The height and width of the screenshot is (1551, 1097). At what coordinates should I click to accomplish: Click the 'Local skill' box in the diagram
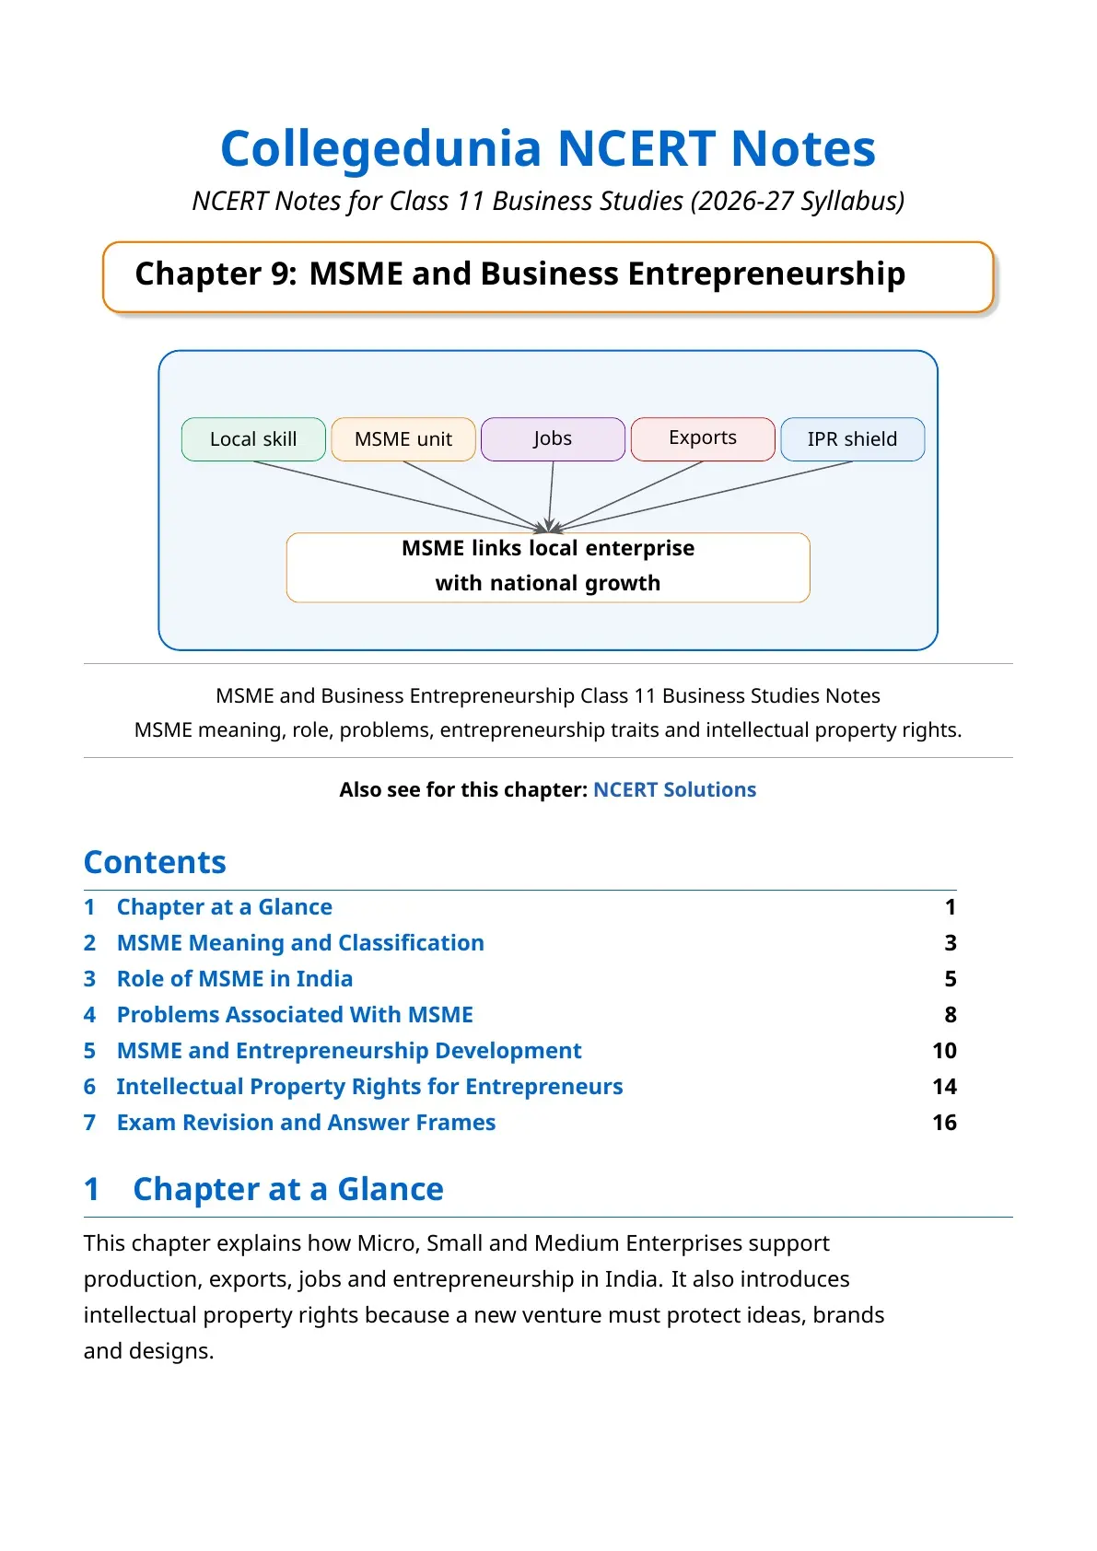tap(253, 439)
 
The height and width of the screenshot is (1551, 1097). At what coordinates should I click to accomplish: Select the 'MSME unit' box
tap(403, 439)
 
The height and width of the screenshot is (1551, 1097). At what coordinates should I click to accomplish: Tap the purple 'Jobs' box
tap(553, 439)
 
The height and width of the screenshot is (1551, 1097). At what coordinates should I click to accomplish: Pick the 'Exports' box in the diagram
tap(702, 439)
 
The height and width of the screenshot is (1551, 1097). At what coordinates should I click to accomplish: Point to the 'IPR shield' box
tap(853, 439)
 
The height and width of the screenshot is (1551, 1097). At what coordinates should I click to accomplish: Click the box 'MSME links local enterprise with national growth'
tap(548, 567)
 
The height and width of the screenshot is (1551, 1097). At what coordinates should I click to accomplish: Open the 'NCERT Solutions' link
tap(674, 789)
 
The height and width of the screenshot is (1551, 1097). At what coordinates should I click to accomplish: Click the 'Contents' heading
tap(155, 862)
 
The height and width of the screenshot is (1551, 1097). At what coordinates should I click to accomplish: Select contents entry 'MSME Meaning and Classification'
tap(300, 942)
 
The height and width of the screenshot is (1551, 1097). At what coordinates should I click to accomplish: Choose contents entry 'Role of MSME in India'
tap(235, 978)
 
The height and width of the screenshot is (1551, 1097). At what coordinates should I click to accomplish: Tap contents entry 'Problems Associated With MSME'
tap(295, 1014)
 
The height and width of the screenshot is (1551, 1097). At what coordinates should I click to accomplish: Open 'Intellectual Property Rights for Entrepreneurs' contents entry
tap(370, 1087)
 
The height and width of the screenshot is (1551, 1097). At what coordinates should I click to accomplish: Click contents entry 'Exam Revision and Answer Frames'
tap(306, 1123)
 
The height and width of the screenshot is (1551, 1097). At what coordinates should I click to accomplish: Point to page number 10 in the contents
tap(945, 1050)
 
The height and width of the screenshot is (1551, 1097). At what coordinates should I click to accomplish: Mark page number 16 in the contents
tap(945, 1123)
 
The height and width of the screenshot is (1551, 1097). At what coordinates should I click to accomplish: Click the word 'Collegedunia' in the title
tap(381, 149)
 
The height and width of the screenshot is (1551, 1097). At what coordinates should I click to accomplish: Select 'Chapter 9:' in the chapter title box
tap(216, 274)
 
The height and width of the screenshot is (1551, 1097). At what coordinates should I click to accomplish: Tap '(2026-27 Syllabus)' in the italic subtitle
tap(797, 202)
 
